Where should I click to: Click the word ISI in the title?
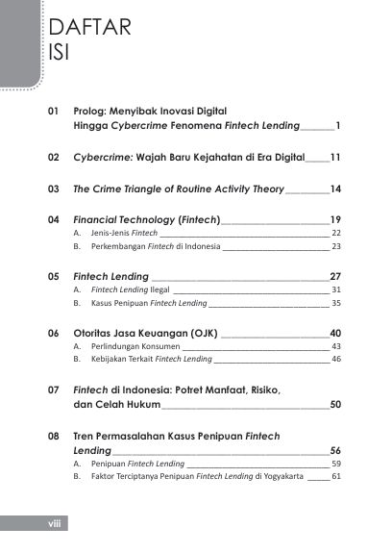point(59,50)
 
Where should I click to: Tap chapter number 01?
point(54,112)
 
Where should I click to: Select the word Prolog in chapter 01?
point(94,112)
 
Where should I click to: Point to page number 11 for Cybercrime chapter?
point(335,154)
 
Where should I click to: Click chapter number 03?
point(54,189)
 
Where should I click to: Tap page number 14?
point(335,189)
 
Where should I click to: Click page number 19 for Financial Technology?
point(335,219)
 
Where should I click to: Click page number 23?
point(336,247)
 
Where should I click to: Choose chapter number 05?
point(54,276)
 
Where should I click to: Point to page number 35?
point(336,303)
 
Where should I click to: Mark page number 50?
point(335,405)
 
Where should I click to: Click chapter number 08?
point(54,436)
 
